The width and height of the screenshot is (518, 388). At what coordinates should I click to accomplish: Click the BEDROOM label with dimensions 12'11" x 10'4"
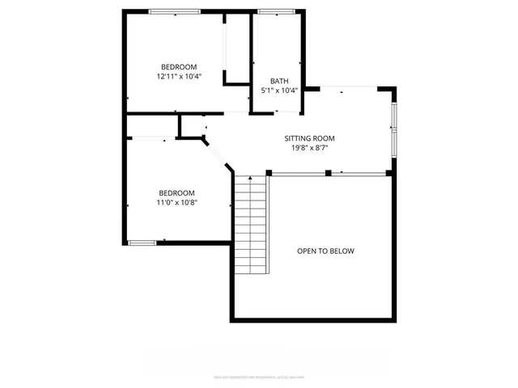click(178, 67)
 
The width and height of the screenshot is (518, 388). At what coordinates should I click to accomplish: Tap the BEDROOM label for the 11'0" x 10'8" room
click(176, 192)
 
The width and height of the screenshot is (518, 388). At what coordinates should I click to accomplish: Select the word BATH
click(279, 81)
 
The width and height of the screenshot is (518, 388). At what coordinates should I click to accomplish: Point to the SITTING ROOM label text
click(309, 138)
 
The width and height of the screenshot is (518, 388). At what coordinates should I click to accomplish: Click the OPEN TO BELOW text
click(325, 251)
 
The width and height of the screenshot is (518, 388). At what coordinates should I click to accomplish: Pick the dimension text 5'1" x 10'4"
click(279, 91)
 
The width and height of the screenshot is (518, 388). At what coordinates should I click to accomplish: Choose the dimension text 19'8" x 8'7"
click(309, 148)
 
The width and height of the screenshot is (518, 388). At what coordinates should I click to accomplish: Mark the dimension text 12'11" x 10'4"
click(178, 77)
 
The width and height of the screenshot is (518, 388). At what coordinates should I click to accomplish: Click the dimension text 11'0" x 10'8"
click(176, 202)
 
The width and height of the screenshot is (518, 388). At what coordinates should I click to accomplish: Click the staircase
click(251, 230)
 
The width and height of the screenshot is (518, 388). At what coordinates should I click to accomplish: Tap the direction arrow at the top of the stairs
click(251, 175)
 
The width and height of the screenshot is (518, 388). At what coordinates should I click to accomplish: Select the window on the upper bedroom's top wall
click(174, 11)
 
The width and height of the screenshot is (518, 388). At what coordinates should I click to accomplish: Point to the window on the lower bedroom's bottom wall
click(142, 242)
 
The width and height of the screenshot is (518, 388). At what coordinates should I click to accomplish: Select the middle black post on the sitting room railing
click(328, 172)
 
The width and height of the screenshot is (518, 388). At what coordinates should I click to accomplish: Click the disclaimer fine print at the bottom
click(259, 377)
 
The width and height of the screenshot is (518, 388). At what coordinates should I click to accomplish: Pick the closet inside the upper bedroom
click(236, 48)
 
